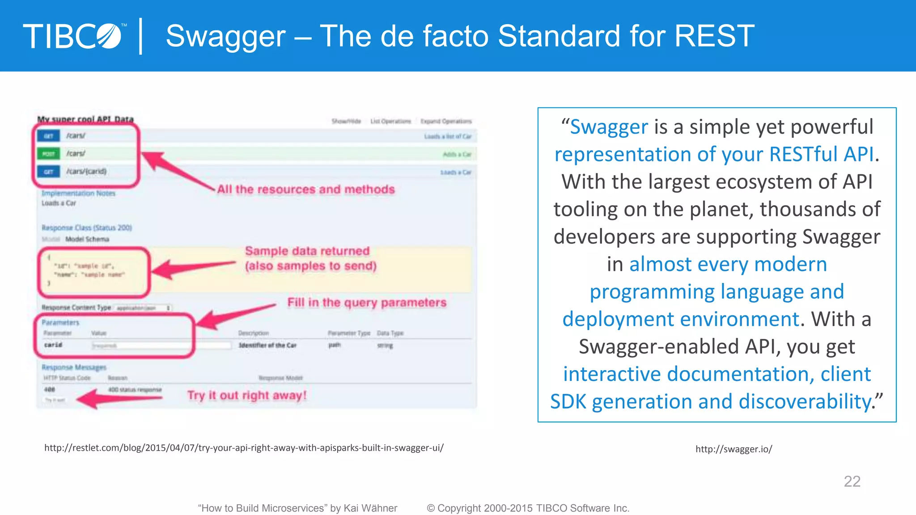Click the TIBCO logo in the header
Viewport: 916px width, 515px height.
[74, 36]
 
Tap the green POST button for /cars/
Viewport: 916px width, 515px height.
[48, 154]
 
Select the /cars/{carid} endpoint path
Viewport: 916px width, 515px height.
[86, 171]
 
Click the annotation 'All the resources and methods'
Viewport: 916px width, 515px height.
[306, 190]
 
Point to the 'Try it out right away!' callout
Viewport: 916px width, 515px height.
[247, 396]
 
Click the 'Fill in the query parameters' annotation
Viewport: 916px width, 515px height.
[367, 303]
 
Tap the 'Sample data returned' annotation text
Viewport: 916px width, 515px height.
[308, 251]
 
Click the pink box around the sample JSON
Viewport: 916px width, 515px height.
[93, 272]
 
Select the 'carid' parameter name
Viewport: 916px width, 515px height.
[53, 345]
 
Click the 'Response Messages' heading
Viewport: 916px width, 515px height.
[74, 367]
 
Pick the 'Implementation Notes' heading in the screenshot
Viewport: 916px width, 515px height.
[79, 193]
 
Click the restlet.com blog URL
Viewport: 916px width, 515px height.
[244, 448]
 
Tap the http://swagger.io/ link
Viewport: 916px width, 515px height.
[734, 449]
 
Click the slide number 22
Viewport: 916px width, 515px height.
[852, 481]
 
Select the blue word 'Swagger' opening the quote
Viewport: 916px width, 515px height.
[609, 127]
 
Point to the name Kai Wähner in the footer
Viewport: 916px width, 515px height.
[371, 508]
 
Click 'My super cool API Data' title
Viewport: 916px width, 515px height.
[85, 119]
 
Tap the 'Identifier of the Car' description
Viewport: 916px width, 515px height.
[267, 345]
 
